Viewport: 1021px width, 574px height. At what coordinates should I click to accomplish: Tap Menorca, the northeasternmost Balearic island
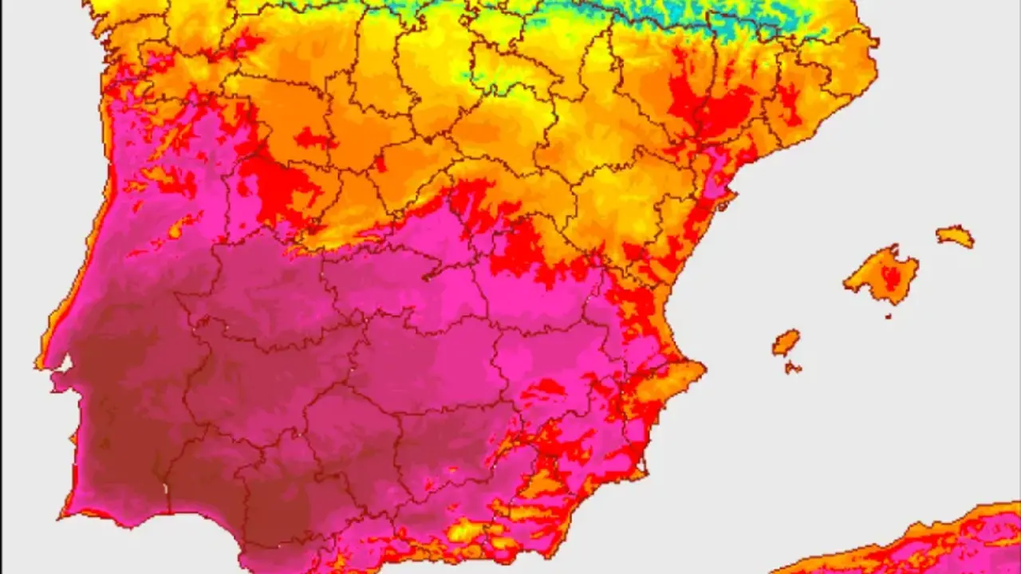pos(955,236)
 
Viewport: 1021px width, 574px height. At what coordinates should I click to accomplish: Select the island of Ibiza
pos(785,343)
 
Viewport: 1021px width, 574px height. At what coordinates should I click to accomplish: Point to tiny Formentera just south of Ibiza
pos(792,368)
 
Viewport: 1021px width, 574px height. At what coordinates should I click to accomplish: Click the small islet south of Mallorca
pos(888,316)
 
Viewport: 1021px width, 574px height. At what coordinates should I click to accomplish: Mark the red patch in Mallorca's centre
pos(890,277)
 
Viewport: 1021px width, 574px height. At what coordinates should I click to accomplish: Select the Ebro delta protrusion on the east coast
pos(725,205)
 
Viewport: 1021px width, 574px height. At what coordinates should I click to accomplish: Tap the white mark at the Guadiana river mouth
pos(167,487)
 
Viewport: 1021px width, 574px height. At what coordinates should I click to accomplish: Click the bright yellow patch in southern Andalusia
pos(466,530)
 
